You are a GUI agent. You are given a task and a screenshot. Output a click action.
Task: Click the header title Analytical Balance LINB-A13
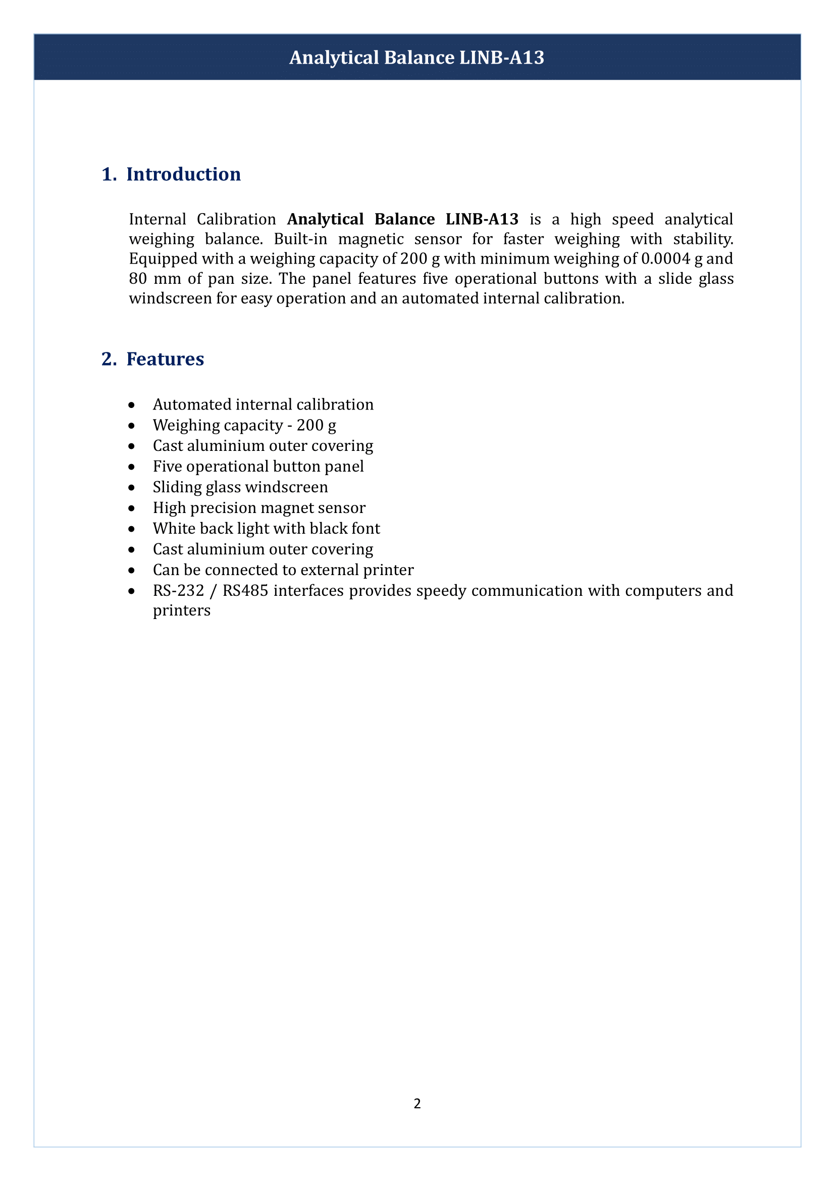pyautogui.click(x=416, y=58)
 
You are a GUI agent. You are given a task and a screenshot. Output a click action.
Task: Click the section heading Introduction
pyautogui.click(x=184, y=174)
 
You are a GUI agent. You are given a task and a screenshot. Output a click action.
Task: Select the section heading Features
pyautogui.click(x=165, y=359)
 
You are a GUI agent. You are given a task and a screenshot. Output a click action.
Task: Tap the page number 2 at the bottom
pyautogui.click(x=417, y=1103)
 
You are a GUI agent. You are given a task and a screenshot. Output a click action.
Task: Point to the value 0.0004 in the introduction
pyautogui.click(x=665, y=259)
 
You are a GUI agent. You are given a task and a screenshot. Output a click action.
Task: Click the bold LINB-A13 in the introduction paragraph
pyautogui.click(x=482, y=219)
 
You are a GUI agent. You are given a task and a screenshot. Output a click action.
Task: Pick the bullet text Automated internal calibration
pyautogui.click(x=263, y=405)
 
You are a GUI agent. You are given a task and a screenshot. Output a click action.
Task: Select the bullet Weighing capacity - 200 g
pyautogui.click(x=244, y=425)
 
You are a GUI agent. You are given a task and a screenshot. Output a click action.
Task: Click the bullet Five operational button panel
pyautogui.click(x=258, y=467)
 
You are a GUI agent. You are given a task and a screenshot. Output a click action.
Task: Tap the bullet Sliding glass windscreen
pyautogui.click(x=240, y=487)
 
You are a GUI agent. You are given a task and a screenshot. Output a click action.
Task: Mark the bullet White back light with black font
pyautogui.click(x=267, y=529)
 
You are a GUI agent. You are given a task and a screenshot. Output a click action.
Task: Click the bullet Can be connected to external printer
pyautogui.click(x=283, y=570)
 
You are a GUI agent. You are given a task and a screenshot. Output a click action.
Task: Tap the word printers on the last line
pyautogui.click(x=182, y=610)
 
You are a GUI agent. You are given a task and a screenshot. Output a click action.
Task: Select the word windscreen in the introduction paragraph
pyautogui.click(x=170, y=299)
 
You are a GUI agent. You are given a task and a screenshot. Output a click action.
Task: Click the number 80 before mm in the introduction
pyautogui.click(x=138, y=279)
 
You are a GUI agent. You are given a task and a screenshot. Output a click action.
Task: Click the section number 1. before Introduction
pyautogui.click(x=109, y=174)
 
